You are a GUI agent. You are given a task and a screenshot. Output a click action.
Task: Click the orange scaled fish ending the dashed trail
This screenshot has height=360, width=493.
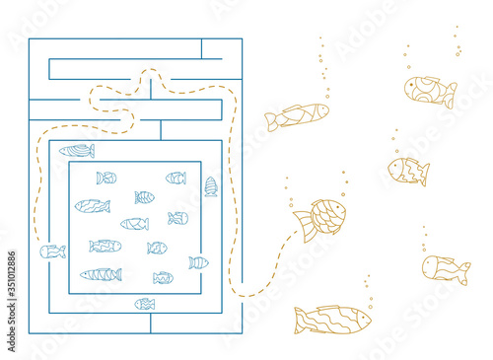(x=321, y=217)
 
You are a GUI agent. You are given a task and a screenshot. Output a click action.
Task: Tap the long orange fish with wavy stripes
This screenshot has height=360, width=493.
(x=332, y=319)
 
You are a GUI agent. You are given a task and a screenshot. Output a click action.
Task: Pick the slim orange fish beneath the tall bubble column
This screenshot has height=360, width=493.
(x=297, y=116)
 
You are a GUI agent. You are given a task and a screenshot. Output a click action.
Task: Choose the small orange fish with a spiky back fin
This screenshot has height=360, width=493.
(x=407, y=171)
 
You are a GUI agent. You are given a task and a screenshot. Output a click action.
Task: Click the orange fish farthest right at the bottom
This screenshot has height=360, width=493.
(x=446, y=268)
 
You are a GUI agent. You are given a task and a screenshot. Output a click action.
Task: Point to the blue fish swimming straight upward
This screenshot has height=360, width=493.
(x=211, y=185)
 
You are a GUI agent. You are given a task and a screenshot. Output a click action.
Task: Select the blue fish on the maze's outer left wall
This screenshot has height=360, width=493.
(x=52, y=252)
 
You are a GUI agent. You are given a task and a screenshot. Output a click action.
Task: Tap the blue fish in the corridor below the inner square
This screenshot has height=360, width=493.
(x=145, y=304)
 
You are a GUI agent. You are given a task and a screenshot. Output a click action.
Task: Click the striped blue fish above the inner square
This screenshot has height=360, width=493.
(x=77, y=151)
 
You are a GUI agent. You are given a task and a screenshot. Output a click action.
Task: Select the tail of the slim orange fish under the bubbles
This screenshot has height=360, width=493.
(x=270, y=122)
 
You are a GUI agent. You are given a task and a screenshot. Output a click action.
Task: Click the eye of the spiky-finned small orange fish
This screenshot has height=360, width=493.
(x=395, y=167)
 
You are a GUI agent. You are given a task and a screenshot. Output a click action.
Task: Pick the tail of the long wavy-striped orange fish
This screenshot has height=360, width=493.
(x=300, y=317)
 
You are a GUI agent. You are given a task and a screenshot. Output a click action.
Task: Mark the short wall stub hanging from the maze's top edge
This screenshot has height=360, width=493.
(x=201, y=48)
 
